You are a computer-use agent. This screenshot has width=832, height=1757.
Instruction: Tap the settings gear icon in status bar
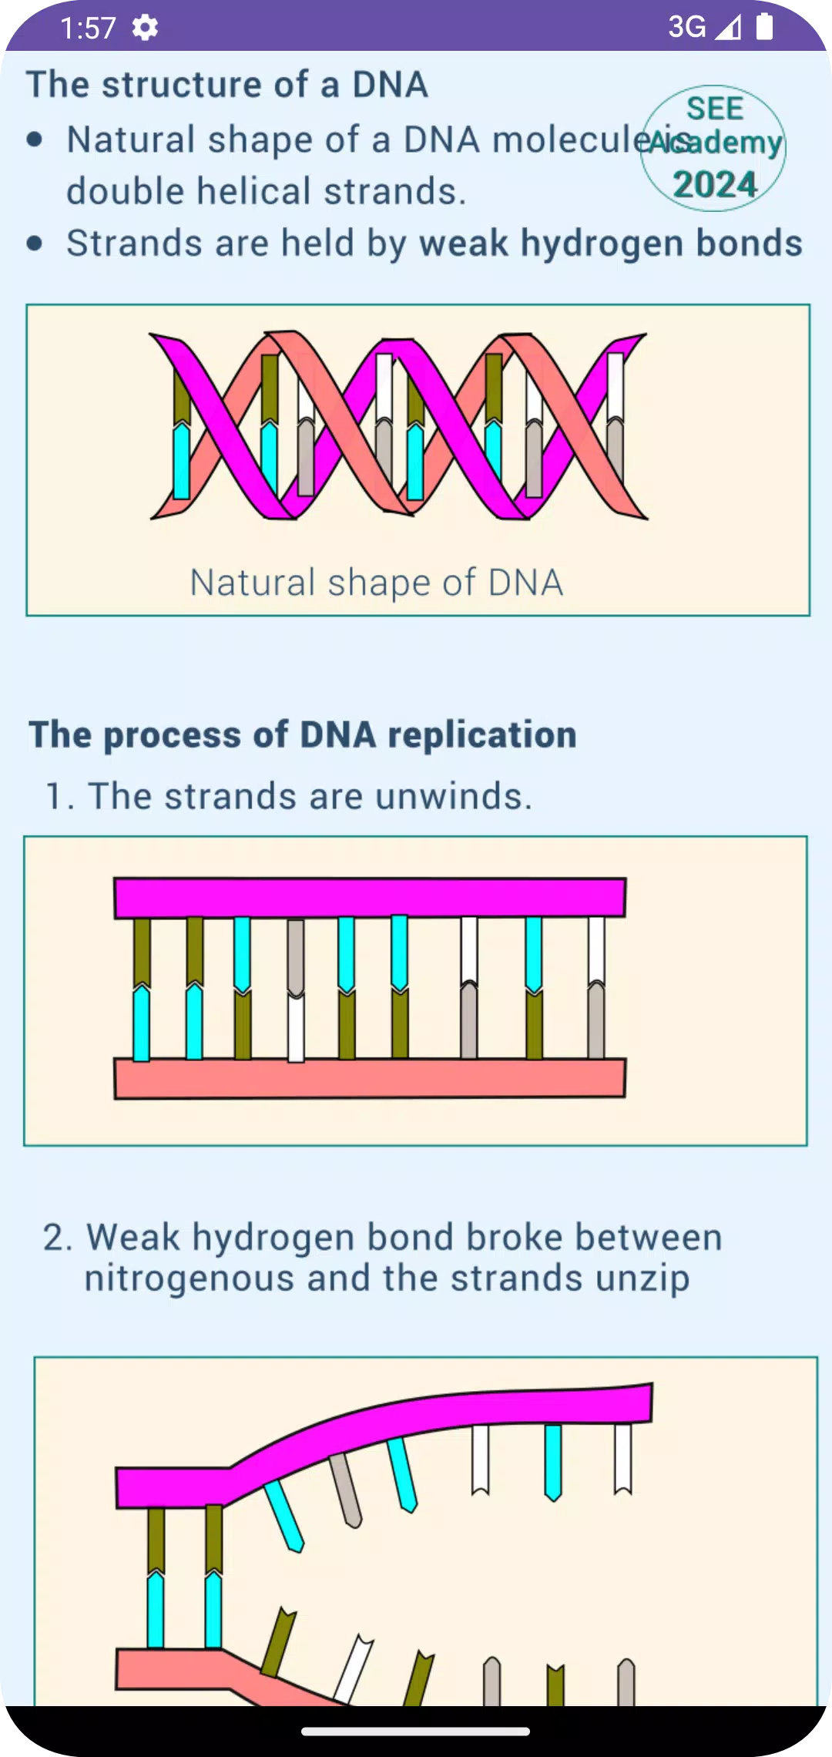tap(145, 28)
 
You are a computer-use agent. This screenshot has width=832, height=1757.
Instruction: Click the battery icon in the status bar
tap(764, 26)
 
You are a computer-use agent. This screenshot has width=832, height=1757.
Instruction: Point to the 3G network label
tap(686, 27)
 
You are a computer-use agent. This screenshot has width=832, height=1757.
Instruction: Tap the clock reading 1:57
tap(88, 29)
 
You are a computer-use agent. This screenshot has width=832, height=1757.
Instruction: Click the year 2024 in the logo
tap(715, 185)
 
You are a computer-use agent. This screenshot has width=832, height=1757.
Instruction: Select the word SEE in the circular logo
tap(715, 109)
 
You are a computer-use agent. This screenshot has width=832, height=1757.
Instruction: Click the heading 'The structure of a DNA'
tap(227, 85)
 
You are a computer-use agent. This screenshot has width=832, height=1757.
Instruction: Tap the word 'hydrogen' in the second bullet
tap(602, 244)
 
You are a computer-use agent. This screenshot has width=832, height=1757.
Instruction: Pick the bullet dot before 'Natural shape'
tap(35, 139)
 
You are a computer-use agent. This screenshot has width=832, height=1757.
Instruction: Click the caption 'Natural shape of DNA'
tap(377, 583)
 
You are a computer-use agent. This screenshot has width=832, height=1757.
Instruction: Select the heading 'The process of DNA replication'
tap(303, 734)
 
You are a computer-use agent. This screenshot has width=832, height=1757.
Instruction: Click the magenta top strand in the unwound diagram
tap(370, 898)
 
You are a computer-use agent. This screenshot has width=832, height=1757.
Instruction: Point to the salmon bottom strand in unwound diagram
tap(370, 1078)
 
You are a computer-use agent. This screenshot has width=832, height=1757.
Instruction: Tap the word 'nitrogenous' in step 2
tap(190, 1279)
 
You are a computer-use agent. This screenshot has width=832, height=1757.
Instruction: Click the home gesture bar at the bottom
tap(416, 1732)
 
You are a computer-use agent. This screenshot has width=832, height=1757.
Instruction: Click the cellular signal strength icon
tap(728, 28)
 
